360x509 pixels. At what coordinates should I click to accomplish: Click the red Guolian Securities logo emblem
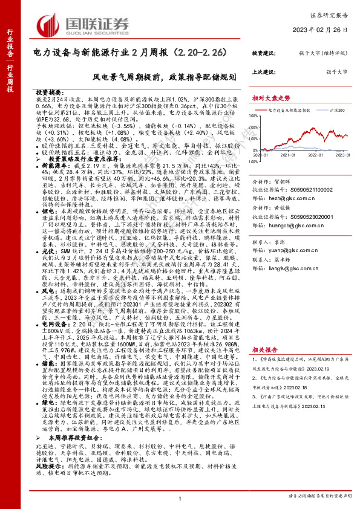coord(48,24)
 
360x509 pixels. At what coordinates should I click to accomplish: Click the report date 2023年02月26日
coord(326,31)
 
